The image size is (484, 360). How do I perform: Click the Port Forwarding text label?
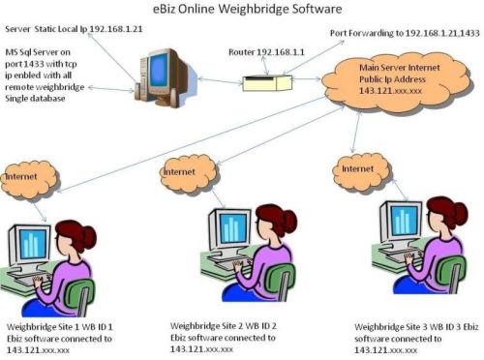(405, 33)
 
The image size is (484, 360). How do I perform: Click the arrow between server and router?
(214, 82)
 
